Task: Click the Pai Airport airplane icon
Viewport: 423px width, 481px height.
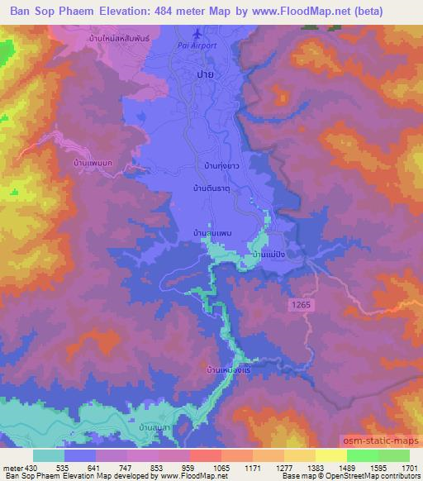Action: click(x=196, y=35)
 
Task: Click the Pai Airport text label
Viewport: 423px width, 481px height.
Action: click(x=197, y=45)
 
